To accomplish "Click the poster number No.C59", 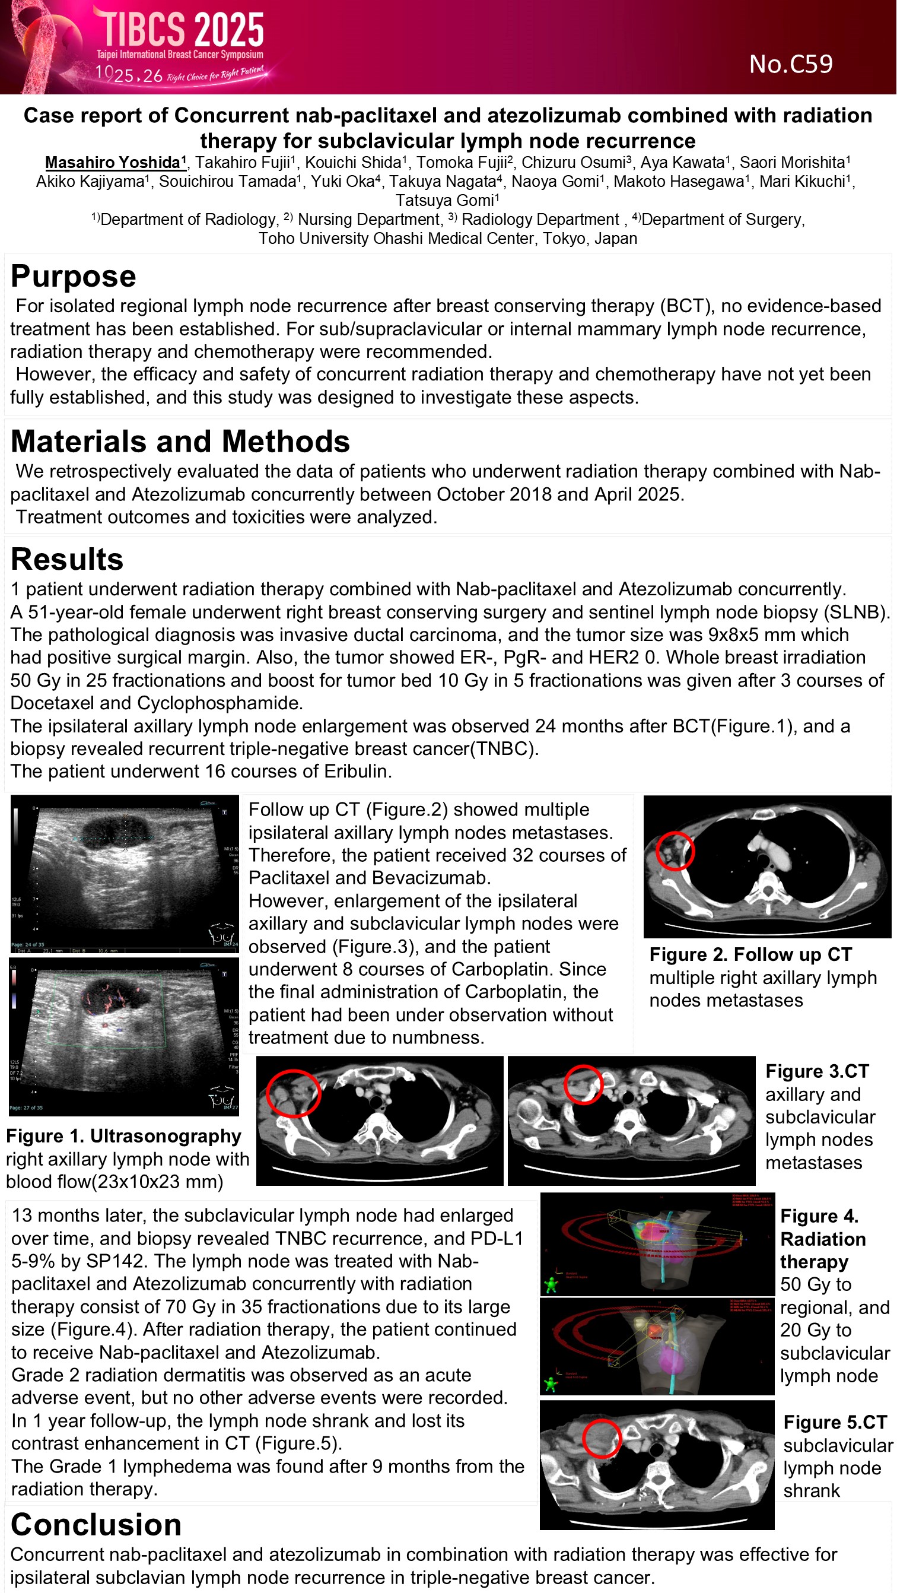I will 791,64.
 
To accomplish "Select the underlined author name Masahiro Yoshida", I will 114,163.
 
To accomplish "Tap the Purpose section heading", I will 73,277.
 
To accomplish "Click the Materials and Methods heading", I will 180,442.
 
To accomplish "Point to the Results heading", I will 67,559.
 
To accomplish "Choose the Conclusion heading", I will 96,1524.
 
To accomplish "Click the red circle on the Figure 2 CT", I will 675,851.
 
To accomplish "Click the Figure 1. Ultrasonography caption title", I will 123,1136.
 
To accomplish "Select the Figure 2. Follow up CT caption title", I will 750,955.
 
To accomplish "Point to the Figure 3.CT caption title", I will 817,1072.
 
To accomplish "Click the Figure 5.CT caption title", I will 835,1422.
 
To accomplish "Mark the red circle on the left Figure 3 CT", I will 293,1093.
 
